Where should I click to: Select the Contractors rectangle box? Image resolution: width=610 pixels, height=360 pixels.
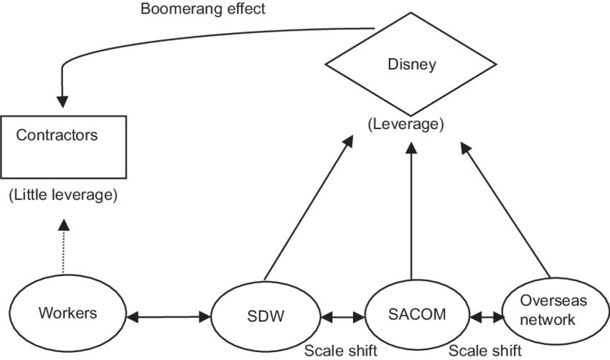63,146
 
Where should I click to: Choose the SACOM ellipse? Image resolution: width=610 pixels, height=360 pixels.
416,314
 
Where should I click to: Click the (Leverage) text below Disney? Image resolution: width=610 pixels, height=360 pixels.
406,125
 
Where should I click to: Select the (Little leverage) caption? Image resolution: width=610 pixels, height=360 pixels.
63,194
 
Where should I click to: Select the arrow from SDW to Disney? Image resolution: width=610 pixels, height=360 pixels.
309,208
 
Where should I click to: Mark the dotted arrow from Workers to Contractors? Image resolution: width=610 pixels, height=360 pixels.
64,247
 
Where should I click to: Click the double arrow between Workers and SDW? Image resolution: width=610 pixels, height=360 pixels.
167,315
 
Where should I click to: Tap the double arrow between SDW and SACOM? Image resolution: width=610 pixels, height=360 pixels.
343,316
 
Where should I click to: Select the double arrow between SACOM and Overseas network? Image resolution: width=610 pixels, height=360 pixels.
486,316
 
